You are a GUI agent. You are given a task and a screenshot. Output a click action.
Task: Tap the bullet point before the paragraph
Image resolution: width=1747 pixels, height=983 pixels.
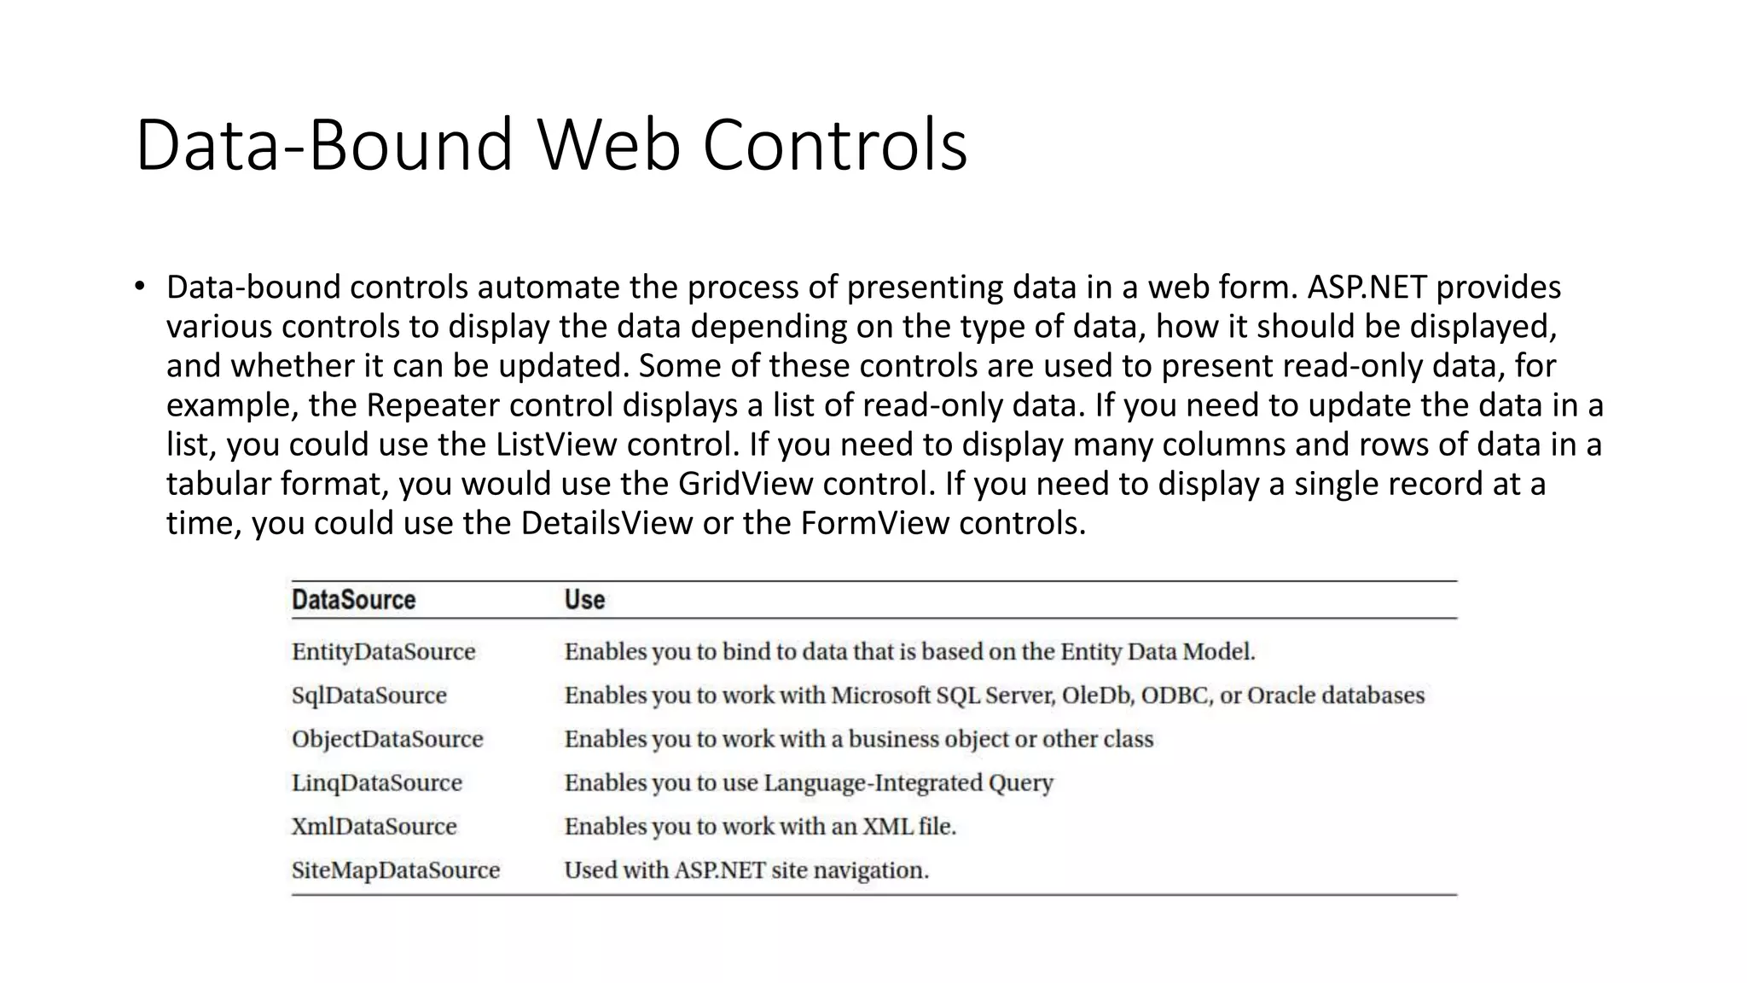click(x=140, y=287)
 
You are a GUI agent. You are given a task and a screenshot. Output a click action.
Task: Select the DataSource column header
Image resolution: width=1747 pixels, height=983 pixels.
click(x=353, y=600)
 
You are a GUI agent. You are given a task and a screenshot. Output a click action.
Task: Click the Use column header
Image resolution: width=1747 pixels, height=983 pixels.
click(x=584, y=600)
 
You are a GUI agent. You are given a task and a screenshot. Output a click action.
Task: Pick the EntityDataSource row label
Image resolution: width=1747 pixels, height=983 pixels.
click(x=383, y=652)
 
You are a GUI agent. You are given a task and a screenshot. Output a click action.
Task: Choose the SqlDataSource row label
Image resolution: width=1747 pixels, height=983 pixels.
click(x=369, y=695)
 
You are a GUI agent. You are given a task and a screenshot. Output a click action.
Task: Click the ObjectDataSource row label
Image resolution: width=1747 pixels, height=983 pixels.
click(x=387, y=739)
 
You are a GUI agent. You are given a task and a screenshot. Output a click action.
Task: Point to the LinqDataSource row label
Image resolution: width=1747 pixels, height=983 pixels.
click(x=376, y=782)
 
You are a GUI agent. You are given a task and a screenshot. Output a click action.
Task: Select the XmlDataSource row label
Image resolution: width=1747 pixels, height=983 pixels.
click(x=374, y=826)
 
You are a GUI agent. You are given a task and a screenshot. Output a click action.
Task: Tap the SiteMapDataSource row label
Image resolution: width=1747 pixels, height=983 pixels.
click(x=395, y=870)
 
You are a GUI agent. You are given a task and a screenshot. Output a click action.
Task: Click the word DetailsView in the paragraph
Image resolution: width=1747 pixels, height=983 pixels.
click(x=607, y=523)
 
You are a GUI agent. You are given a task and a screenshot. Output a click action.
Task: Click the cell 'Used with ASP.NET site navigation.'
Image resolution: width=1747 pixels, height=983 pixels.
click(x=746, y=870)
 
